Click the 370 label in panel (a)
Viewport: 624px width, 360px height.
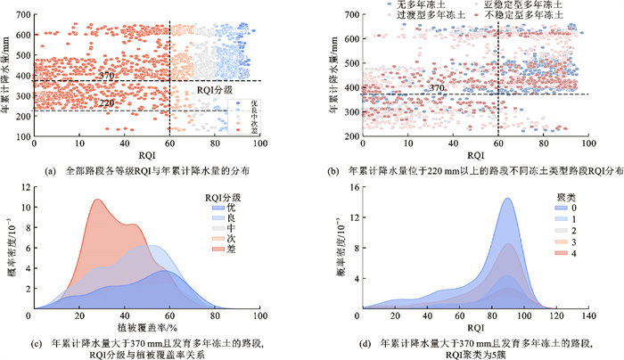click(x=106, y=76)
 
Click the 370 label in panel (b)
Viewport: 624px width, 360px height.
click(x=436, y=88)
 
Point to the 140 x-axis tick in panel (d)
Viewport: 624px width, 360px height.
click(x=587, y=316)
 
